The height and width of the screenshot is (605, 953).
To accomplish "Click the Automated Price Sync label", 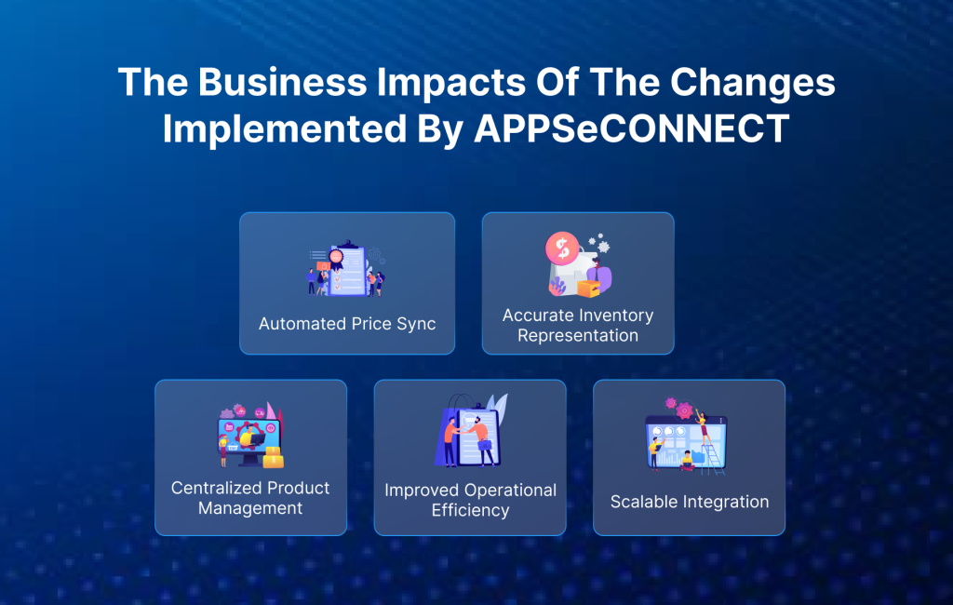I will pos(347,324).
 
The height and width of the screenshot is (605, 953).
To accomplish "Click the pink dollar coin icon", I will pos(561,249).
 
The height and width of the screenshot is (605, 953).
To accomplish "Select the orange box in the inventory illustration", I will pos(588,288).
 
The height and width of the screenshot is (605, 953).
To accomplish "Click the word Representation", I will pos(578,335).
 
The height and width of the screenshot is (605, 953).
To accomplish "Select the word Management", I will pos(250,508).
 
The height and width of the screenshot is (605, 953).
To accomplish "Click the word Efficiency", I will pos(470,510).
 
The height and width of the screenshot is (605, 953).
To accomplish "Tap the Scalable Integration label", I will pos(690,502).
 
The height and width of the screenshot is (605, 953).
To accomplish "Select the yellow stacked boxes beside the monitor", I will pos(273,457).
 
